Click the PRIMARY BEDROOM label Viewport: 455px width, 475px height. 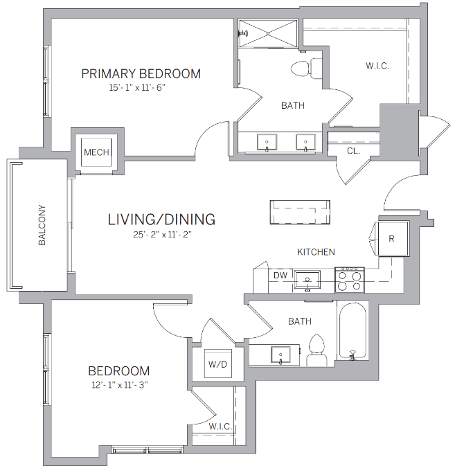pos(141,73)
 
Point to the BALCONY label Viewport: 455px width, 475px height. pos(42,226)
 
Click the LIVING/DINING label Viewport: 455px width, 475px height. pos(161,219)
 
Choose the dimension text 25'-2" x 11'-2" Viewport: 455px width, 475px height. pos(161,235)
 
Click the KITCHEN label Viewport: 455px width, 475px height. pos(316,252)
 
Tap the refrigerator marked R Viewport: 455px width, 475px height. pos(392,239)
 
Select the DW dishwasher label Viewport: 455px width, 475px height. pos(280,276)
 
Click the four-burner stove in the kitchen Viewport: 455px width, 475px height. pos(350,279)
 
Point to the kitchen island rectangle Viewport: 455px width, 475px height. pos(300,211)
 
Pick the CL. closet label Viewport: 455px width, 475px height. pos(353,151)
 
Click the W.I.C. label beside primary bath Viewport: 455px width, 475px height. pos(377,66)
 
